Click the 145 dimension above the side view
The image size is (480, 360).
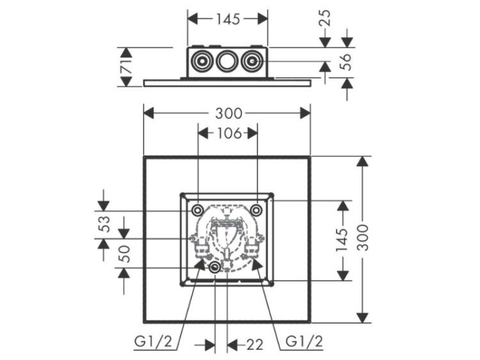228,19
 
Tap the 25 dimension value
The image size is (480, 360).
326,18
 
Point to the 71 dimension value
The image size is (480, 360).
127,67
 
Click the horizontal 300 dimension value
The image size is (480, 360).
228,113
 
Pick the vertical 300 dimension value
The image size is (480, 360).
364,237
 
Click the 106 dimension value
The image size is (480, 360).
229,134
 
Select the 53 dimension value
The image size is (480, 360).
105,224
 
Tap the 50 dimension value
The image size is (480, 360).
125,254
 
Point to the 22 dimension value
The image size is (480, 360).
255,345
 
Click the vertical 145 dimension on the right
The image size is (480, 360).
342,240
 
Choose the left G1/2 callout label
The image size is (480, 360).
154,341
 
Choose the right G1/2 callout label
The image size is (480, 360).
304,341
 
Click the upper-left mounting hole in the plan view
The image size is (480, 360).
198,210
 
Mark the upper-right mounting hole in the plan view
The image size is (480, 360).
256,210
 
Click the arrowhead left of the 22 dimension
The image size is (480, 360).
210,345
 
